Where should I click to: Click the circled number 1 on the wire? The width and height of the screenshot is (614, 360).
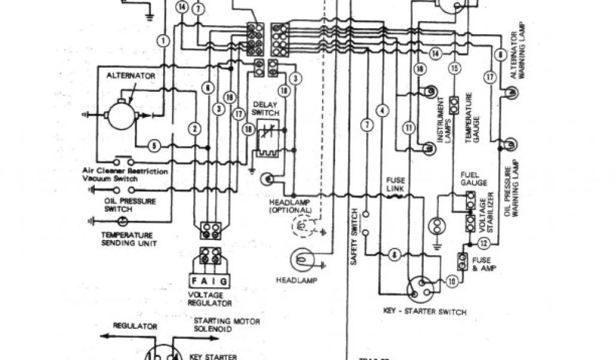[x=163, y=41]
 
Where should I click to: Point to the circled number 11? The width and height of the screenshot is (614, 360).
[x=409, y=127]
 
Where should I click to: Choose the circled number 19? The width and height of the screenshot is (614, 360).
[x=228, y=97]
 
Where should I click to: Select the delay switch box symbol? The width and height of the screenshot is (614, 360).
[x=266, y=137]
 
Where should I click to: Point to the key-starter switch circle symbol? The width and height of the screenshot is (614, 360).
[x=419, y=290]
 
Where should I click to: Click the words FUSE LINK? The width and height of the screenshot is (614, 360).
[x=396, y=184]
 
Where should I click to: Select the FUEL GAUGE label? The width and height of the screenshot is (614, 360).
[x=474, y=178]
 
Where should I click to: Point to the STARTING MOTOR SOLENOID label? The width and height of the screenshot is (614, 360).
[x=227, y=325]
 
